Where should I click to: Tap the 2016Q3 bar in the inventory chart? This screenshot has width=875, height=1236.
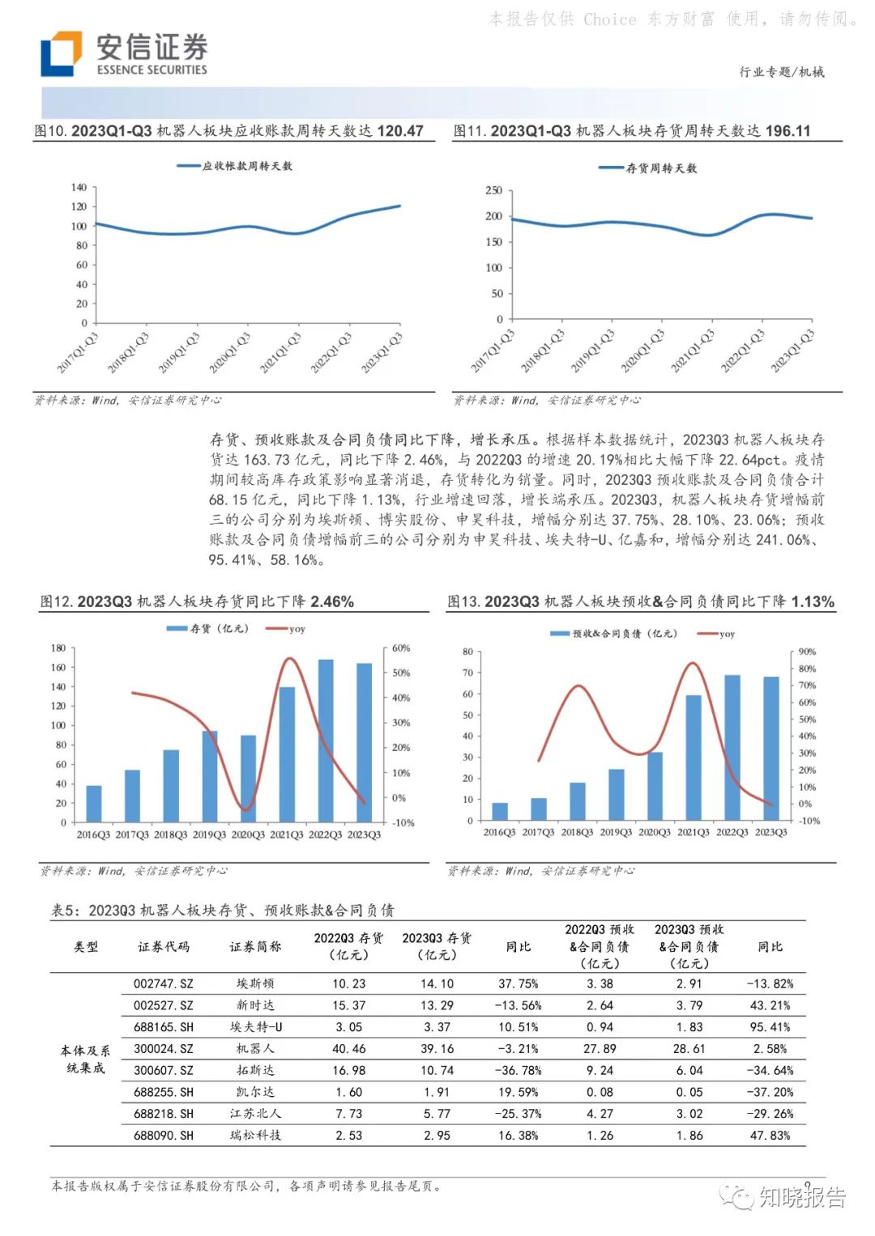click(x=94, y=803)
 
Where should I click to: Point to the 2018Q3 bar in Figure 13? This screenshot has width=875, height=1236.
click(x=577, y=801)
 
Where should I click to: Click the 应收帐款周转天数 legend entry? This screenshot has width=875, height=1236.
click(x=235, y=166)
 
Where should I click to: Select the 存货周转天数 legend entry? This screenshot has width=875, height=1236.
click(x=648, y=168)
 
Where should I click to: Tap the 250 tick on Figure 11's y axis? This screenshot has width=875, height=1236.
click(x=493, y=190)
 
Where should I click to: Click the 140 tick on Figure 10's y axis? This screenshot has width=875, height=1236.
click(x=79, y=187)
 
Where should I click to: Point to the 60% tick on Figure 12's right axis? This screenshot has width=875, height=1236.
click(x=401, y=648)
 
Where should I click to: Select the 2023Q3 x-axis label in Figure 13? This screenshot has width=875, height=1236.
click(x=770, y=832)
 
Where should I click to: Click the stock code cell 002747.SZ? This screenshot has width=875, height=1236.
click(x=164, y=983)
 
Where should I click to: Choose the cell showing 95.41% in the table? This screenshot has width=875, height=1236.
click(x=770, y=1027)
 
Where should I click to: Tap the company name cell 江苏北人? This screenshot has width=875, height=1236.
click(x=255, y=1114)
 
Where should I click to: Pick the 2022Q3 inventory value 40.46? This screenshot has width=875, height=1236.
click(x=349, y=1048)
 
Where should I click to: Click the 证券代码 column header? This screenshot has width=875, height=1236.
click(x=164, y=946)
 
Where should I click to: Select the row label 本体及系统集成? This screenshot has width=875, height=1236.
click(x=85, y=1059)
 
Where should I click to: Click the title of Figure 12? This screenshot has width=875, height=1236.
click(x=197, y=601)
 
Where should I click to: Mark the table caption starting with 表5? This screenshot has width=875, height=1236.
click(x=223, y=911)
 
